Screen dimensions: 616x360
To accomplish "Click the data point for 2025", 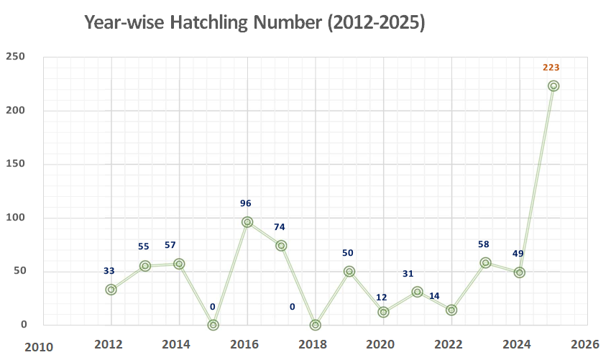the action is click(553, 86).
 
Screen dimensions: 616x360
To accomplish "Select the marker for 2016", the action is click(247, 222).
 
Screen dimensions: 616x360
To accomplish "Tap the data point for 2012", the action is click(111, 290).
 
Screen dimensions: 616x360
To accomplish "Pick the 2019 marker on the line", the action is click(349, 272).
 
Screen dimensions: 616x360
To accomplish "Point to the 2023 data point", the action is click(486, 263).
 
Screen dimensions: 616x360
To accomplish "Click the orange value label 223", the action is click(551, 68).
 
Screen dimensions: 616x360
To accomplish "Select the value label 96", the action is click(246, 203).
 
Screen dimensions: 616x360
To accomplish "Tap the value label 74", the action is click(280, 227).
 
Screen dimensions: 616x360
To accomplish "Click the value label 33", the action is click(109, 271).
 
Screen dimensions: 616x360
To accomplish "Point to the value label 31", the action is click(408, 274).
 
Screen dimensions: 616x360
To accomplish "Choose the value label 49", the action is click(518, 254).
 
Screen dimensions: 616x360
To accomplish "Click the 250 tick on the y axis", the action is click(15, 57).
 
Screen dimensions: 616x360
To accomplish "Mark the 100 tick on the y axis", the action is click(15, 217).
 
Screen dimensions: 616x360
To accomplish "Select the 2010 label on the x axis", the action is click(39, 348).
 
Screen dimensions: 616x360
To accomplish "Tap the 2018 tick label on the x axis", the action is click(313, 344).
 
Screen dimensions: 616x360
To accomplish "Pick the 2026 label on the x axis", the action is click(585, 344).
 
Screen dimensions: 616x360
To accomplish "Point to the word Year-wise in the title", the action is click(124, 22).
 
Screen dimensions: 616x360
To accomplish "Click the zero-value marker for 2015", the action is click(213, 325).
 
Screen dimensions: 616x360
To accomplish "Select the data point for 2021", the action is click(417, 292).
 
